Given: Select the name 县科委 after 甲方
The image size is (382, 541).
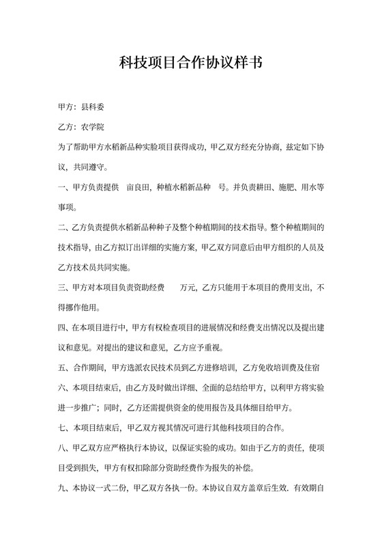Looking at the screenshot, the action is (x=92, y=107).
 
